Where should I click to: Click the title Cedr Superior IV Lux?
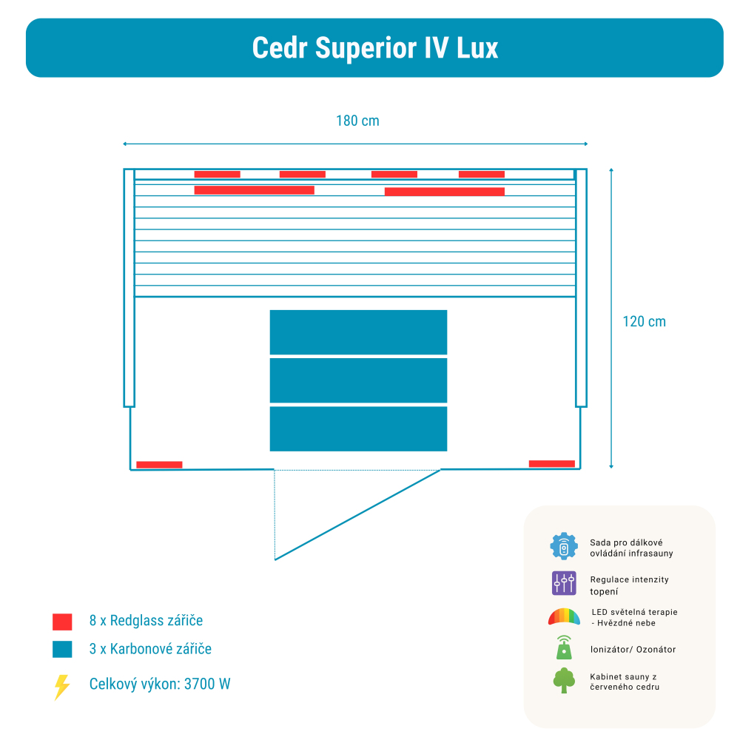click(374, 47)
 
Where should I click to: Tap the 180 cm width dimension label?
click(357, 121)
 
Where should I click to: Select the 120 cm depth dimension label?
click(644, 322)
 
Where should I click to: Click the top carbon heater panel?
click(358, 332)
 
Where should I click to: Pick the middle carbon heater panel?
click(358, 380)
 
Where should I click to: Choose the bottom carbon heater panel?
click(358, 428)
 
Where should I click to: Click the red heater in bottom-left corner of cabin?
click(159, 465)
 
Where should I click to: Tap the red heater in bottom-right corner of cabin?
click(551, 464)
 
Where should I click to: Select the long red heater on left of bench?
click(254, 190)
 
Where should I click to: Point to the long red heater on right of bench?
click(444, 192)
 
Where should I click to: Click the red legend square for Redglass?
click(62, 622)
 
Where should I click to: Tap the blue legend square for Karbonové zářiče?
click(62, 650)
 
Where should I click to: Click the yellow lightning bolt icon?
click(62, 687)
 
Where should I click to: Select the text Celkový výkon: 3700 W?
click(160, 684)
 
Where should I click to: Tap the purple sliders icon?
click(564, 583)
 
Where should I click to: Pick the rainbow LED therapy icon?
click(564, 616)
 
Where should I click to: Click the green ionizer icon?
click(564, 647)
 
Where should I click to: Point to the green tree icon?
click(564, 680)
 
